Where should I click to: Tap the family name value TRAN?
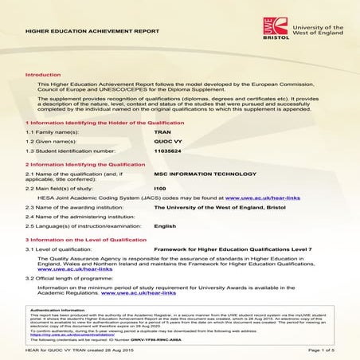click(162, 130)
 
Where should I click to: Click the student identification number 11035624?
click(168, 151)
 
